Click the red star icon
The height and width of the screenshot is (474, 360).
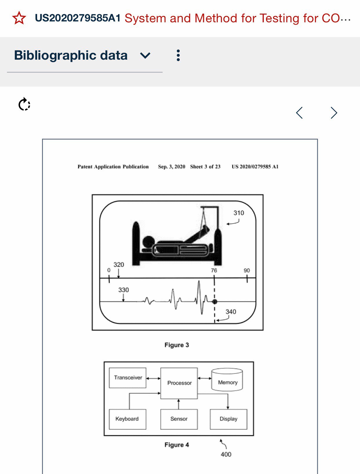click(x=19, y=18)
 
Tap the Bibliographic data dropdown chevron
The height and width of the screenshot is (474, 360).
click(x=145, y=55)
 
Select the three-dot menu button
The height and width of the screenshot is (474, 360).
click(x=178, y=55)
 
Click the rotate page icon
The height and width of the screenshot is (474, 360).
click(x=24, y=104)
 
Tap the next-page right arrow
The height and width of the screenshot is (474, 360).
click(x=334, y=113)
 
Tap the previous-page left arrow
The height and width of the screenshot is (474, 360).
click(x=299, y=113)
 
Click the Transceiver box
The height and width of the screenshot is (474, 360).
click(x=128, y=378)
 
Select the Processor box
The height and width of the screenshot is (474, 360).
click(x=179, y=383)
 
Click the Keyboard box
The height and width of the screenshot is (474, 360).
click(x=127, y=419)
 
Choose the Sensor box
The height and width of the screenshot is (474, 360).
click(x=179, y=419)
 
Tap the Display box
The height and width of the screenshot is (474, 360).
click(x=228, y=419)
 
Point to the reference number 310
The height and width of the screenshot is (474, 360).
click(x=239, y=213)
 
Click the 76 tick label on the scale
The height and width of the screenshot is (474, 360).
click(x=214, y=270)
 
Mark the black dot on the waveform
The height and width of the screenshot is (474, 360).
click(x=214, y=302)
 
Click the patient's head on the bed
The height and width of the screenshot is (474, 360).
click(x=148, y=242)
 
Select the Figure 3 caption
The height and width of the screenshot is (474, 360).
click(x=177, y=345)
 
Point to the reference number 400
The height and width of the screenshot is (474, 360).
click(x=226, y=454)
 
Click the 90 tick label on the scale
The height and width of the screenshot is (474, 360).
click(x=247, y=270)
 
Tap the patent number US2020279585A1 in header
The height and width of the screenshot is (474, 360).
click(x=77, y=18)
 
